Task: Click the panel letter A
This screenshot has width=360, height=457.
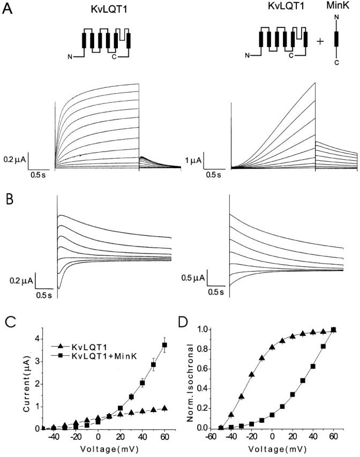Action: pyautogui.click(x=8, y=10)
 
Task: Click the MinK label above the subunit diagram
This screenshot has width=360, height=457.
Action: pyautogui.click(x=337, y=10)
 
